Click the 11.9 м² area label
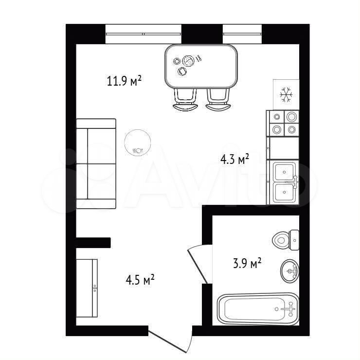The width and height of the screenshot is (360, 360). (x=124, y=81)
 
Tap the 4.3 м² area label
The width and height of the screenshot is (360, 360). (x=234, y=159)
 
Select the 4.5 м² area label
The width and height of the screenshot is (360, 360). (x=140, y=280)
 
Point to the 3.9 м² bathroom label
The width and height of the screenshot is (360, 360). (x=247, y=263)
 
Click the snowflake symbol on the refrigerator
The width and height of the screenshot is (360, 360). (x=287, y=94)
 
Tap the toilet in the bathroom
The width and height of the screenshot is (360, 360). (x=286, y=240)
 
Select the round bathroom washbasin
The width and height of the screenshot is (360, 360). (x=289, y=271)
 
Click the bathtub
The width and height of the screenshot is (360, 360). (x=258, y=309)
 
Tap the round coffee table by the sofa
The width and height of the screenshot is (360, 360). (x=138, y=143)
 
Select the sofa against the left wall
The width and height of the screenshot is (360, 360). (x=96, y=163)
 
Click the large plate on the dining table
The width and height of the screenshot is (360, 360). (x=188, y=61)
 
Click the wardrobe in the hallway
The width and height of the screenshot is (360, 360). (x=87, y=288)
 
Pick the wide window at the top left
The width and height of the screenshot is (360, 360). (x=144, y=34)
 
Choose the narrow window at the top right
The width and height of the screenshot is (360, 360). (x=242, y=34)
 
